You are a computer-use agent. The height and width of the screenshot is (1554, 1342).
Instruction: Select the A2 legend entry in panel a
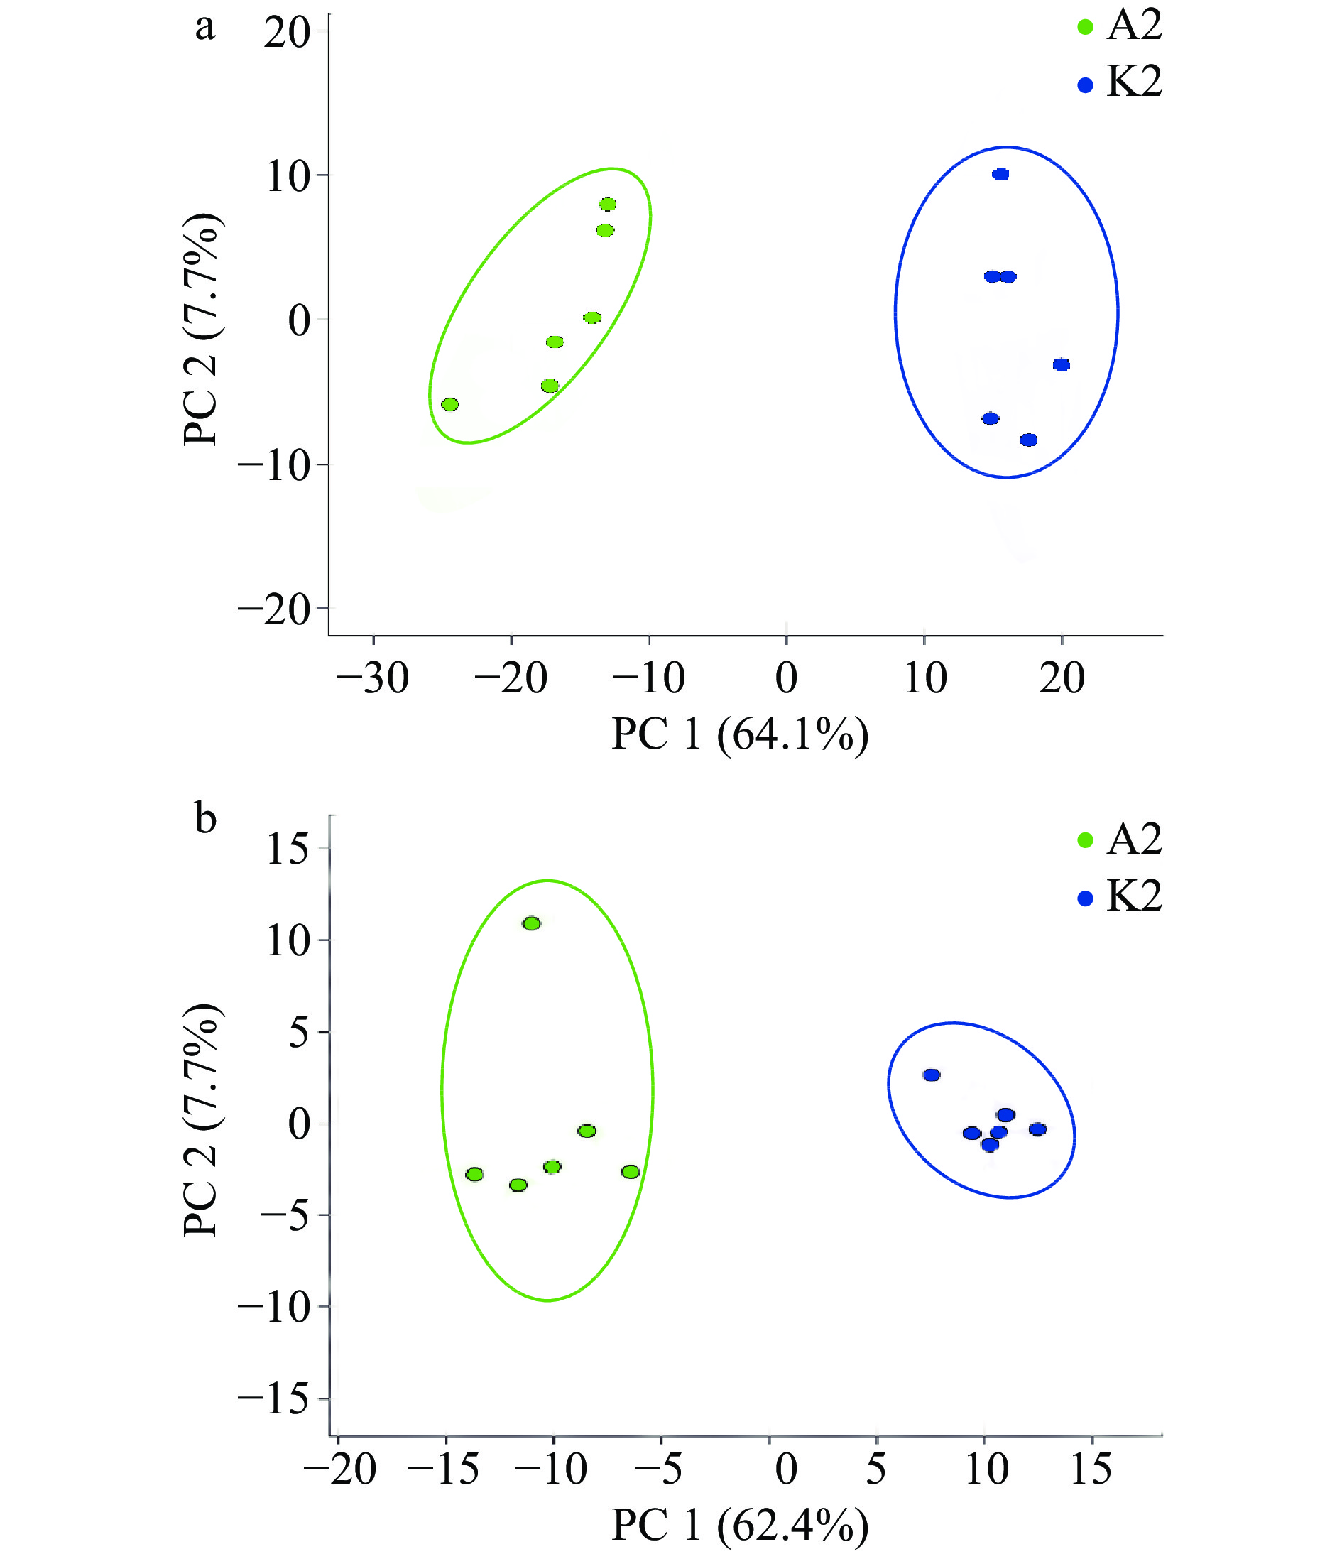[1119, 26]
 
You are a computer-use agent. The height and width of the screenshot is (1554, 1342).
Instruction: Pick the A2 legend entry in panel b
[1119, 839]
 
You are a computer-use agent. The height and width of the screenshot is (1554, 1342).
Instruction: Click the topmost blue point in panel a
[1000, 175]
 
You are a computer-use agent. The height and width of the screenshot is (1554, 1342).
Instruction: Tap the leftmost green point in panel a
[450, 405]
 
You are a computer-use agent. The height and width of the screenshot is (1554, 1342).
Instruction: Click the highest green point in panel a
[607, 204]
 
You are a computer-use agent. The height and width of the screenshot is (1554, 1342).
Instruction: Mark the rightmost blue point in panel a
[1062, 365]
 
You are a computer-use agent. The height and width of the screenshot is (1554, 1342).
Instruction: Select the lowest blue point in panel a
[1029, 440]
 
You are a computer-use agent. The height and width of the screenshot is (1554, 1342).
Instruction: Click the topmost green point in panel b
[532, 923]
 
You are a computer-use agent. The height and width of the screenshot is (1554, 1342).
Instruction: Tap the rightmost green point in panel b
[631, 1171]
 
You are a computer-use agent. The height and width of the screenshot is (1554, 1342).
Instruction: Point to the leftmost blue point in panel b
[932, 1075]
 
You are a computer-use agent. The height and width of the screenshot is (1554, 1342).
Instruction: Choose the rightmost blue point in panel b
[1037, 1129]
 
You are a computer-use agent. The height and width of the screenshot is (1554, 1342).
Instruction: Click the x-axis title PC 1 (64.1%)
[740, 735]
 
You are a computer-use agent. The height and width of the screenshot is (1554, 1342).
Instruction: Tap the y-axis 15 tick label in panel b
[288, 849]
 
